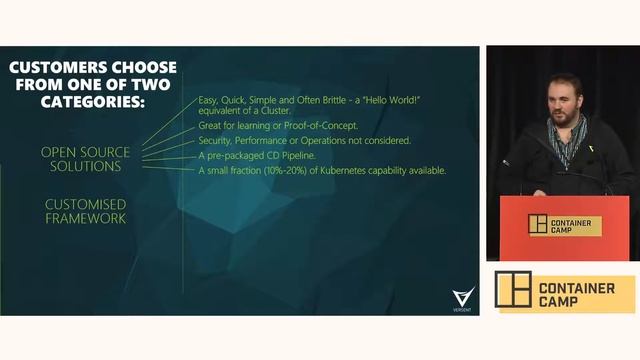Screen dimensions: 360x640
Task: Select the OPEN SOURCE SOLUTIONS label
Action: pos(85,159)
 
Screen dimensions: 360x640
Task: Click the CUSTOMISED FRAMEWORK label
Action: pos(85,211)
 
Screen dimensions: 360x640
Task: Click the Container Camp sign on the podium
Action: pos(565,226)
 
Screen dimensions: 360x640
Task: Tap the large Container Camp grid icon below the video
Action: pos(513,290)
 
